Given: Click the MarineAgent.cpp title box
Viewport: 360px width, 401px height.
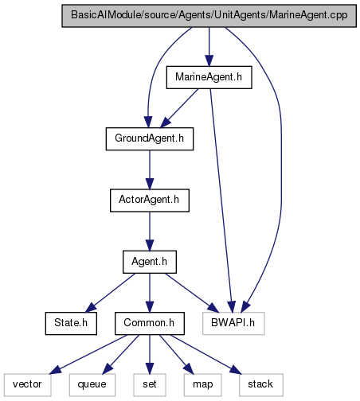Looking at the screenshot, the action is (209, 16).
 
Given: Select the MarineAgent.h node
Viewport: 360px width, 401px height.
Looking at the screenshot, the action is (209, 77).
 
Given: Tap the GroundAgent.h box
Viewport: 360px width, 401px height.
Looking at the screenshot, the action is (150, 138).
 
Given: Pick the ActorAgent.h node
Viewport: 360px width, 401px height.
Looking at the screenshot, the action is (150, 200).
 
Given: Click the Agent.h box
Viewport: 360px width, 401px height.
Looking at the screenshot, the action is (150, 262).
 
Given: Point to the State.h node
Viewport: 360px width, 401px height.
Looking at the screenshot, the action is (71, 323).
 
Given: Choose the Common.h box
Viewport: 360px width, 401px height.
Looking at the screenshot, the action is (150, 323).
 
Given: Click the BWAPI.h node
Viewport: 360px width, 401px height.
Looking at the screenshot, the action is (233, 323).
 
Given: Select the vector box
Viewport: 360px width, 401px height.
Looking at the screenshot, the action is (27, 385).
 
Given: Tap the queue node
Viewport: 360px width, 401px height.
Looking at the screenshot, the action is (92, 385).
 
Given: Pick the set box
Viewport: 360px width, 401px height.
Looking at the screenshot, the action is (150, 385).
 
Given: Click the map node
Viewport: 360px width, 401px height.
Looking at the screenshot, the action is (202, 385).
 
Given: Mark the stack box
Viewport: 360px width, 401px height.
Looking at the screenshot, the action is (261, 385).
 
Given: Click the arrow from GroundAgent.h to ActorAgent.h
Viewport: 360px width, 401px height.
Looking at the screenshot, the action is (150, 169).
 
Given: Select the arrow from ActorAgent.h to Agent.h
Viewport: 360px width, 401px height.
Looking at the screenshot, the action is (150, 232).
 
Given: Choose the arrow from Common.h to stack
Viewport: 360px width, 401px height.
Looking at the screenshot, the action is (206, 355).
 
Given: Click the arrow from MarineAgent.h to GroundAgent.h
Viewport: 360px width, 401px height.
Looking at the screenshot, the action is (179, 108).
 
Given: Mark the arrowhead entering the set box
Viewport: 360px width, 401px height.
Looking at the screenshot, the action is (150, 368).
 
